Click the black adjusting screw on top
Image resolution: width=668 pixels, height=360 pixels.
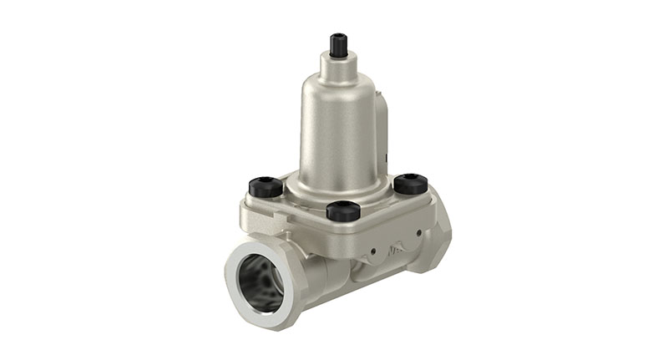(338, 45)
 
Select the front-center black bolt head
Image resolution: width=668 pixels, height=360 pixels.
(342, 210)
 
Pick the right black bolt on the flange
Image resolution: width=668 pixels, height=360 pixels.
(410, 183)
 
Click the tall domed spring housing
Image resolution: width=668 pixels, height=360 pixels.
(338, 125)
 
